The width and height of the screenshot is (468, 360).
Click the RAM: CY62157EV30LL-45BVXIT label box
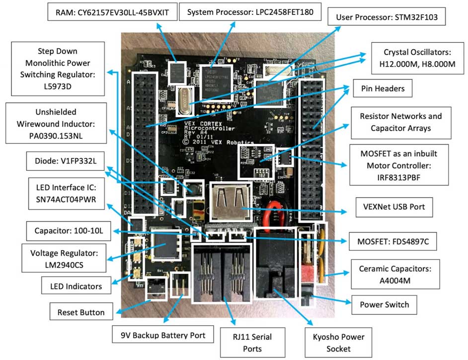tap(113, 13)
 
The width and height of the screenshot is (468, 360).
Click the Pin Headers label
tap(379, 90)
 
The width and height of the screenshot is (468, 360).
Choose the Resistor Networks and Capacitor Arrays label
tap(400, 122)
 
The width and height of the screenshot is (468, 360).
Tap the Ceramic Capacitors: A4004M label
tap(393, 274)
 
